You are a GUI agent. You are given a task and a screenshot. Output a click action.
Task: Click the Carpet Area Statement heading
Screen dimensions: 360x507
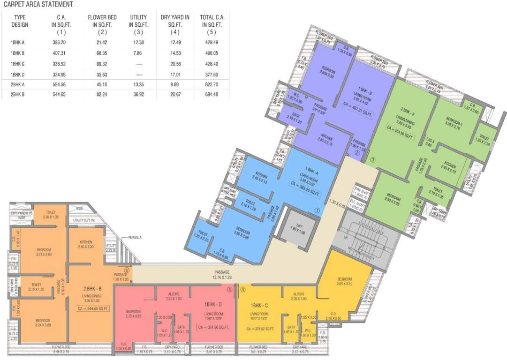38,5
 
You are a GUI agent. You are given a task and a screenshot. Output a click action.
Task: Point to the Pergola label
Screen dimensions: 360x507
133,238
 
